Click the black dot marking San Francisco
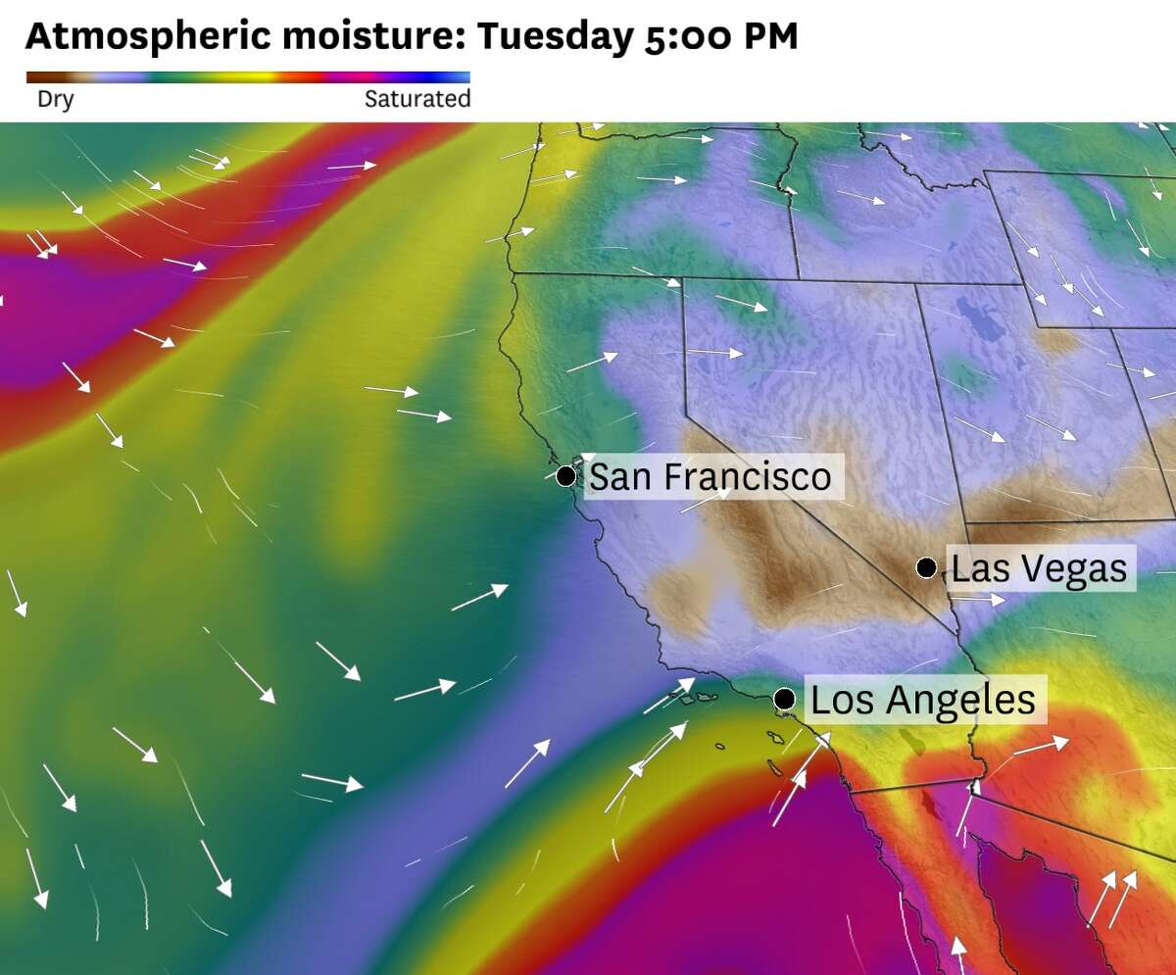coord(565,476)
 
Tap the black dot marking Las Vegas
coord(925,567)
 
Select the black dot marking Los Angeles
coord(784,699)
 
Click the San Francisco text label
coord(710,477)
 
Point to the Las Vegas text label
coord(1039,568)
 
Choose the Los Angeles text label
coord(923,700)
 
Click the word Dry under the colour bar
coord(55,99)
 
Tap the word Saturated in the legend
coord(417,99)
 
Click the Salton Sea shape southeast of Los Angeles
coord(918,741)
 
